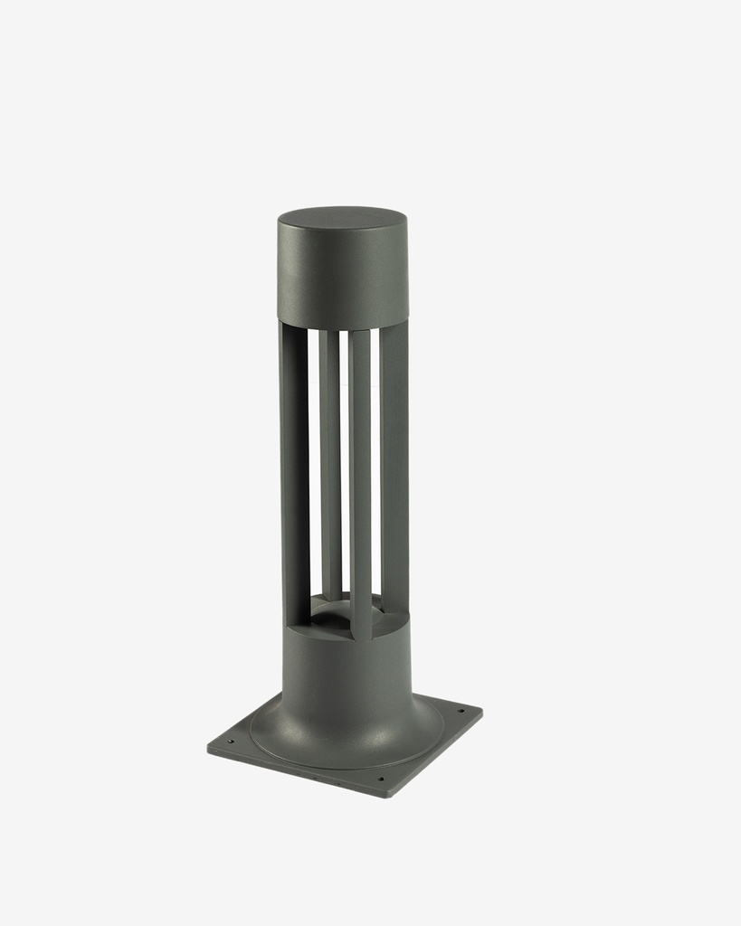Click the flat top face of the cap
click(342, 219)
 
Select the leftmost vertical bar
click(294, 470)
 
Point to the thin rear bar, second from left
click(330, 461)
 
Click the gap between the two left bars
click(313, 452)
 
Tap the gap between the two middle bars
click(345, 452)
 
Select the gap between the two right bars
click(375, 452)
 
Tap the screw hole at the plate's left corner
click(230, 742)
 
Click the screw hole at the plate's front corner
click(380, 780)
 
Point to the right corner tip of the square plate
click(481, 711)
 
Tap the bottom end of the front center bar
click(361, 635)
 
